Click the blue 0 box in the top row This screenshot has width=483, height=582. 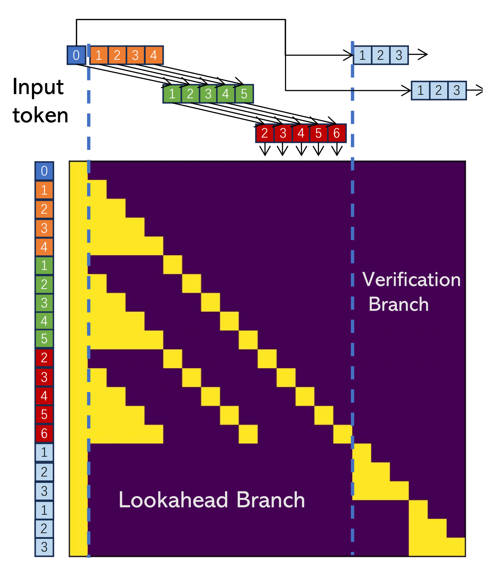[x=76, y=55]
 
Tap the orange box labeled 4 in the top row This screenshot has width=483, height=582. [x=153, y=55]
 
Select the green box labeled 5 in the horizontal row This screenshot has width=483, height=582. [x=244, y=94]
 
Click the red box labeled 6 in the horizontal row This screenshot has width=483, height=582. [x=337, y=133]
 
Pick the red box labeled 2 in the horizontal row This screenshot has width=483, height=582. [x=264, y=133]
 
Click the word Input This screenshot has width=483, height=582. [x=38, y=87]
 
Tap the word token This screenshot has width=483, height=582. [x=40, y=115]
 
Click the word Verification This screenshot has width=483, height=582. [x=411, y=280]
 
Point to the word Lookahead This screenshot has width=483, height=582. [x=173, y=500]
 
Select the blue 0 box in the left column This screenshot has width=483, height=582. [x=44, y=171]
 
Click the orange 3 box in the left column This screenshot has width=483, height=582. [x=44, y=228]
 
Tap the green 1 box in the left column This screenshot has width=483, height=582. [x=44, y=265]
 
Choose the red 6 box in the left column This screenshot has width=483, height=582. [x=44, y=433]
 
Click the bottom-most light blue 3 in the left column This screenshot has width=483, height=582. [x=44, y=547]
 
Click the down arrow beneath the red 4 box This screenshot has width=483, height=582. [x=301, y=149]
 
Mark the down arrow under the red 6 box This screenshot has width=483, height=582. [x=337, y=149]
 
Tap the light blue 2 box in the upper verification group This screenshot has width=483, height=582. [x=381, y=55]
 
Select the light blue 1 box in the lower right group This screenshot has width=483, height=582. [x=420, y=91]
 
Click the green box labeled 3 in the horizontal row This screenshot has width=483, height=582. [x=208, y=94]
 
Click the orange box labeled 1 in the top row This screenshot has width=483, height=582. [x=99, y=55]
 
